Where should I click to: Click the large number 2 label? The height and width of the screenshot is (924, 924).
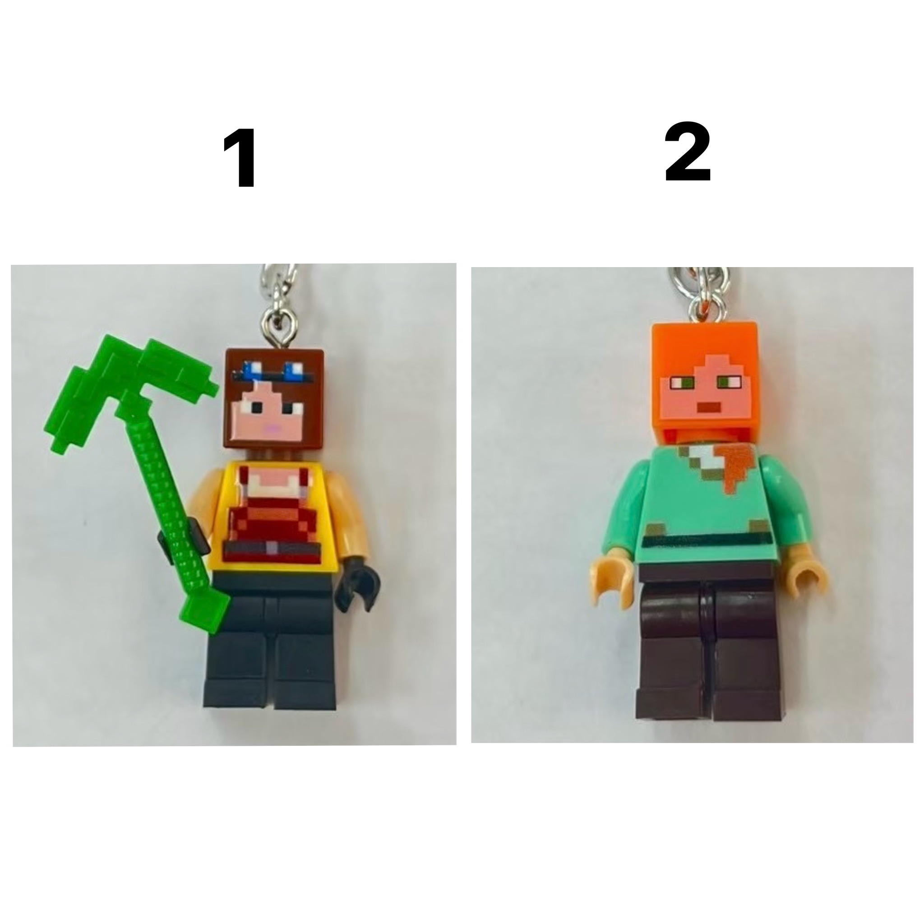click(x=688, y=152)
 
